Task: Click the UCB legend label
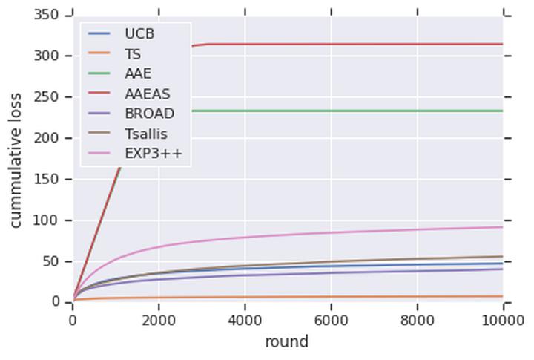click(139, 34)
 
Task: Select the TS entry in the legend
click(133, 54)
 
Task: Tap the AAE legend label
click(137, 73)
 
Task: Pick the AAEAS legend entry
click(148, 94)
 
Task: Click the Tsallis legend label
click(145, 134)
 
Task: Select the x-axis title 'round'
click(286, 342)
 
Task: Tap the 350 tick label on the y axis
click(47, 16)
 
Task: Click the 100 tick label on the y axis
click(47, 220)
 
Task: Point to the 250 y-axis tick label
click(47, 97)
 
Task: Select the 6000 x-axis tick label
click(331, 319)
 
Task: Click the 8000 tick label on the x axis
click(417, 319)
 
